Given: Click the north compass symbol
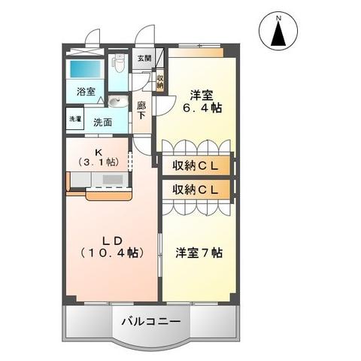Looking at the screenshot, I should pyautogui.click(x=278, y=33).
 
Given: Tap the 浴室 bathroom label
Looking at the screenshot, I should pyautogui.click(x=86, y=92).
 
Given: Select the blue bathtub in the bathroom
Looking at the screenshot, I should pyautogui.click(x=86, y=69).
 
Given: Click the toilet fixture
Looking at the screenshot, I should pyautogui.click(x=118, y=65).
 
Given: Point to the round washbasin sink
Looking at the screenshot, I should pyautogui.click(x=115, y=103).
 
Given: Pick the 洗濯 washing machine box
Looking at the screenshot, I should pyautogui.click(x=75, y=120).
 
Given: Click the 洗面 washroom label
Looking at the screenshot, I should pyautogui.click(x=103, y=121).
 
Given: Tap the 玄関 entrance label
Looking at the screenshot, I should pyautogui.click(x=144, y=58).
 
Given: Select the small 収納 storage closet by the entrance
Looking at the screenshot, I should pyautogui.click(x=159, y=80).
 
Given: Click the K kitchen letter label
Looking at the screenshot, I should pyautogui.click(x=97, y=150).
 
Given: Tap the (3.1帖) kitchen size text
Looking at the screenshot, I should pyautogui.click(x=98, y=161).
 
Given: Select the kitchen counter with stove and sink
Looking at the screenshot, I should pyautogui.click(x=98, y=180).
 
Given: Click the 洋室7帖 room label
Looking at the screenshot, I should pyautogui.click(x=199, y=252).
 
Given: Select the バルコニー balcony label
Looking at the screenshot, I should pyautogui.click(x=151, y=321).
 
